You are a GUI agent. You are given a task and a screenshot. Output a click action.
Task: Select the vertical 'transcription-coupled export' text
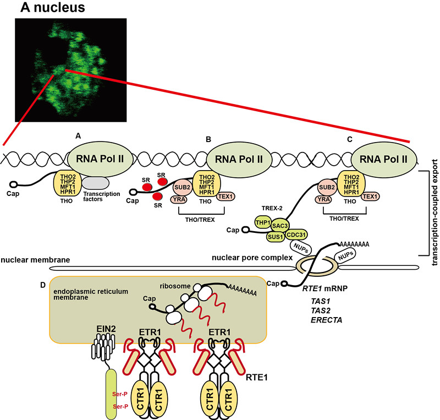point(434,209)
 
